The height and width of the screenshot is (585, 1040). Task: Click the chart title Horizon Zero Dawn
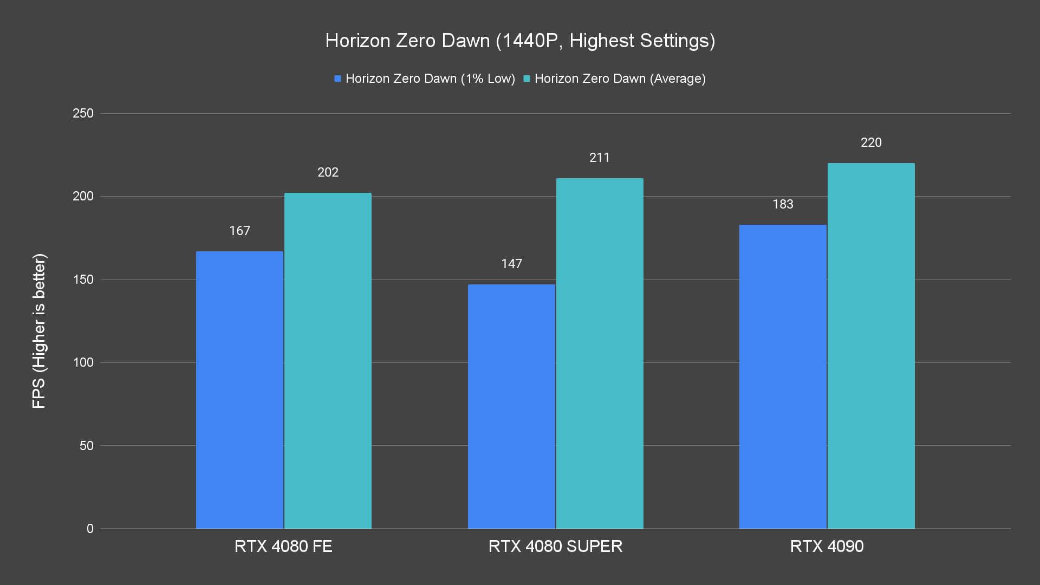pos(520,41)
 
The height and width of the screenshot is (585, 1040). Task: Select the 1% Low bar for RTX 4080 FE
pos(239,390)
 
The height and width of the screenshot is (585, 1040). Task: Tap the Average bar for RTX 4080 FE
pos(328,361)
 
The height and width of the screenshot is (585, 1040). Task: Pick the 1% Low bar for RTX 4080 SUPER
pos(511,406)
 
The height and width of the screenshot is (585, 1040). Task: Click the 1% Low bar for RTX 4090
pos(783,376)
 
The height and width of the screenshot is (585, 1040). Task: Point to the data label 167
pos(239,231)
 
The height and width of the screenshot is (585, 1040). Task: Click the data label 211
pos(600,158)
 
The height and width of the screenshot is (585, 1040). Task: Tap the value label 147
pos(511,264)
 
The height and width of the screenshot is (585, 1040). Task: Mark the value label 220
pos(871,142)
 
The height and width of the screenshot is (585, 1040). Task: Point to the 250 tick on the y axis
pos(83,113)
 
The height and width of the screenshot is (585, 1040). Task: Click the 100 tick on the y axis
pos(83,362)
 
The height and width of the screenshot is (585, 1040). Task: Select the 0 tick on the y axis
pos(90,529)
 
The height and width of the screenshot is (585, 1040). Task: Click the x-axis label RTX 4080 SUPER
pos(555,546)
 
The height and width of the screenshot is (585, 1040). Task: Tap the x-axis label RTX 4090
pos(827,546)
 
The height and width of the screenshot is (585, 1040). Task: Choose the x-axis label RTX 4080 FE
pos(283,546)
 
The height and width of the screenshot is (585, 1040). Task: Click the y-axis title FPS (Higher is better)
pos(39,331)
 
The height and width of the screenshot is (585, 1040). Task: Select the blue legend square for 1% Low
pos(337,79)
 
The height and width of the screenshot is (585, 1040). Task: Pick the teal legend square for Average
pos(526,79)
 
